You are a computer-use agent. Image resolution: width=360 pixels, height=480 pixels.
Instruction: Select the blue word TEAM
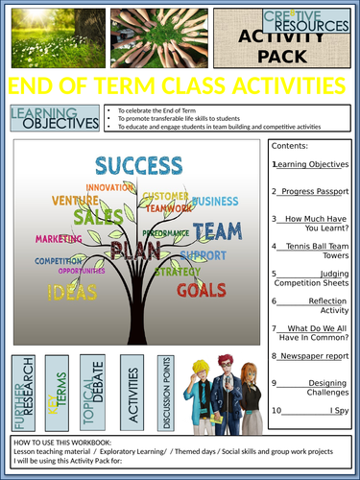click(217, 231)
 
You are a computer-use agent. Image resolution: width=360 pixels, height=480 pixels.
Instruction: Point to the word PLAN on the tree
click(134, 250)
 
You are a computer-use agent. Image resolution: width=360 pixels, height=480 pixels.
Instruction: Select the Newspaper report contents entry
click(309, 355)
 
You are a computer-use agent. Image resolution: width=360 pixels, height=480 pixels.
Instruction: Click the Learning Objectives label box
click(54, 118)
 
